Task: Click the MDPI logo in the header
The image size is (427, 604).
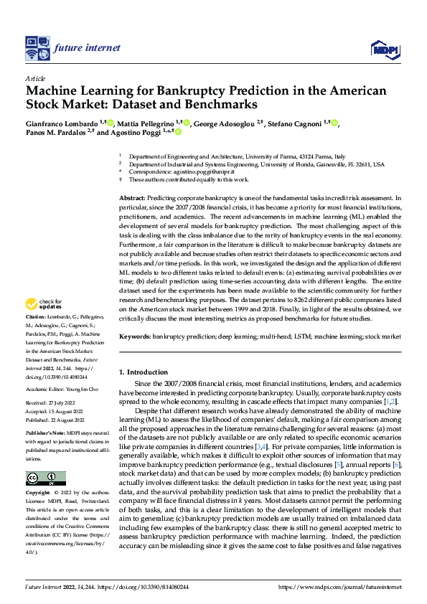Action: click(385, 48)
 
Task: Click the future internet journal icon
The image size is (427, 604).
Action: click(37, 48)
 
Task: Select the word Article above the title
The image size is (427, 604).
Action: click(34, 77)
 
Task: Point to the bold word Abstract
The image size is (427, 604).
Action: click(131, 197)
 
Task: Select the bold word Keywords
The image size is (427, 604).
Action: click(134, 337)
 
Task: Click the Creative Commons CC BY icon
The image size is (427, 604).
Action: click(45, 478)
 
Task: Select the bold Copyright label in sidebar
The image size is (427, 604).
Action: click(39, 494)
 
